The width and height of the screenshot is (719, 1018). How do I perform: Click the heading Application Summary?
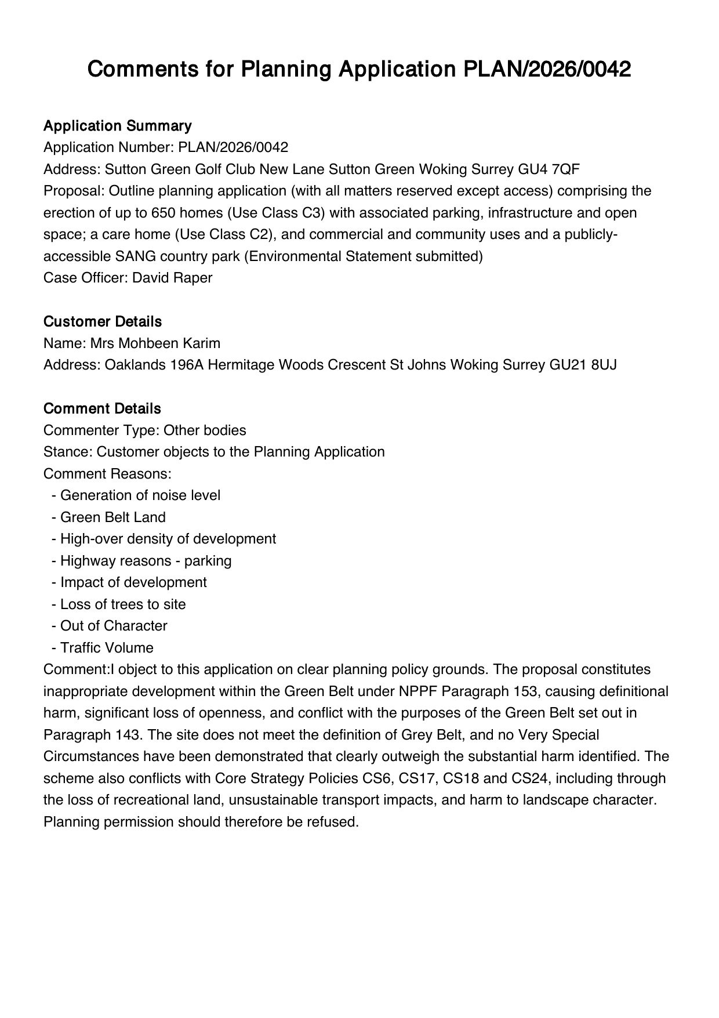click(x=117, y=126)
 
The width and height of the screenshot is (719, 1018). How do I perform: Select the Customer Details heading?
click(x=102, y=321)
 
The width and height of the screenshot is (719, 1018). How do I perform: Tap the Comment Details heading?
click(x=102, y=408)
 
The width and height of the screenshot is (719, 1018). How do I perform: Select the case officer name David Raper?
click(x=172, y=278)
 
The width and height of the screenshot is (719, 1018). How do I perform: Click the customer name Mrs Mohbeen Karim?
click(x=155, y=343)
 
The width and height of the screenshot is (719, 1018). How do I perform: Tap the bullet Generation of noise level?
click(x=140, y=495)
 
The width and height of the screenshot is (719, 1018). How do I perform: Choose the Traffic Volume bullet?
click(x=107, y=647)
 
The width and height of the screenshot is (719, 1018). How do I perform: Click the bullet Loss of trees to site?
click(x=123, y=604)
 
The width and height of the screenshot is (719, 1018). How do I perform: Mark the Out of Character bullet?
click(x=114, y=626)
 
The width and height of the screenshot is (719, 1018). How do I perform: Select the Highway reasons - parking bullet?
click(x=146, y=560)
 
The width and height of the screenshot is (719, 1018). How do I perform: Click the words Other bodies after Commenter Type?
click(x=205, y=430)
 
